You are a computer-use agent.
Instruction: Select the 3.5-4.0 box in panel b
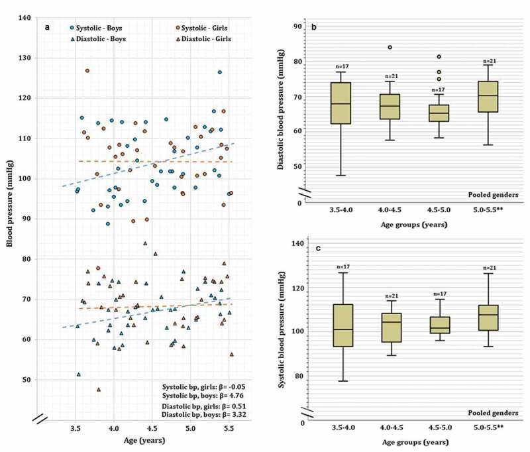tap(341, 103)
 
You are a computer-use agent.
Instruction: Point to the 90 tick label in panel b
tap(298, 27)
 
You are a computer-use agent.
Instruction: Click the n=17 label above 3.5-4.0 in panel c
tap(341, 267)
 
